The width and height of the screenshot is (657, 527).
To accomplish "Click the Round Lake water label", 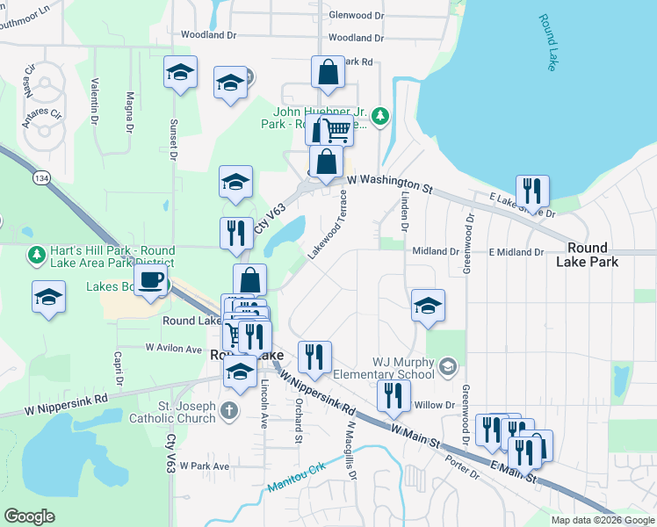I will click(548, 43).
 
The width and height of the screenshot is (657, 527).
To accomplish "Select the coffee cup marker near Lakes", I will click(151, 280).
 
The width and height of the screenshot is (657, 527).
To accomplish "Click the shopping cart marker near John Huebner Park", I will click(335, 131).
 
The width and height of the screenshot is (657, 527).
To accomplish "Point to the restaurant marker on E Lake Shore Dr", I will click(532, 191).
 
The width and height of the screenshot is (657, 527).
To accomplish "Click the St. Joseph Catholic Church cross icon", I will click(228, 410).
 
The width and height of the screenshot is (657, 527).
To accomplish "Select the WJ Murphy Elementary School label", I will click(403, 368).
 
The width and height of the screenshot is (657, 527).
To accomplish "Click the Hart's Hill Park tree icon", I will click(36, 255).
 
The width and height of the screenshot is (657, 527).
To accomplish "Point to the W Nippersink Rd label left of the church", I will click(66, 403).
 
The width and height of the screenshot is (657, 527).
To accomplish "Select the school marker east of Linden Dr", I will click(428, 306).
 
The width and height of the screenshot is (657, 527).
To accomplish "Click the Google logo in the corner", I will click(30, 516).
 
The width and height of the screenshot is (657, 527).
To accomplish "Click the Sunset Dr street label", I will click(173, 141).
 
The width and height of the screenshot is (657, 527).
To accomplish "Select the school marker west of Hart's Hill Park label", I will click(48, 298).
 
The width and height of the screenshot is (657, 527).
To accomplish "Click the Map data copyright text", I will click(602, 520).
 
